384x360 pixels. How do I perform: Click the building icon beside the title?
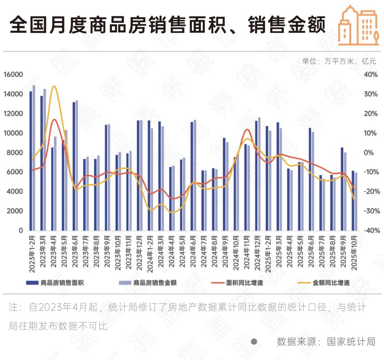358,26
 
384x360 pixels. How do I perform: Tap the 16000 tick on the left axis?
13,75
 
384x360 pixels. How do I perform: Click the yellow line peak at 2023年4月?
54,86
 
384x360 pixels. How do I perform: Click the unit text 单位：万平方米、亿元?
339,61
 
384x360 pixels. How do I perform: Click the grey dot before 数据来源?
254,342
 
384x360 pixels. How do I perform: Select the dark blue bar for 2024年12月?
256,175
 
